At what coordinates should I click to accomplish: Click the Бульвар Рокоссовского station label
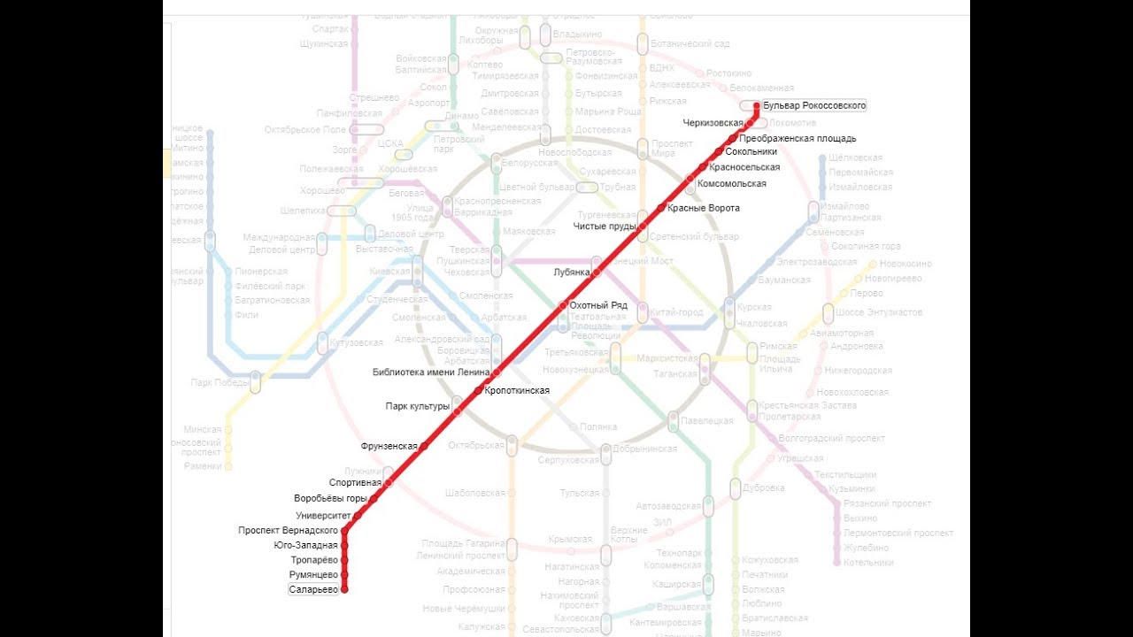pyautogui.click(x=814, y=105)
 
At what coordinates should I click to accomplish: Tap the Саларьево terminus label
pyautogui.click(x=314, y=589)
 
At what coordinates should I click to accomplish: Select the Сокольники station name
pyautogui.click(x=751, y=152)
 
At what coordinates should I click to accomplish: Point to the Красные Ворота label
pyautogui.click(x=704, y=208)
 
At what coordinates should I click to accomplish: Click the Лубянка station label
pyautogui.click(x=571, y=272)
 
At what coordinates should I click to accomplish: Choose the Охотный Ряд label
pyautogui.click(x=598, y=305)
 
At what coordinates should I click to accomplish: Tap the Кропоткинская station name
pyautogui.click(x=518, y=390)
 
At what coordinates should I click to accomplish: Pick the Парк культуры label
pyautogui.click(x=418, y=407)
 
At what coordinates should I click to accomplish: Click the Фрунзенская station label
pyautogui.click(x=389, y=446)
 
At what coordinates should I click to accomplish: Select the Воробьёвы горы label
pyautogui.click(x=330, y=498)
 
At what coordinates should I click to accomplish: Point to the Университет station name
pyautogui.click(x=324, y=515)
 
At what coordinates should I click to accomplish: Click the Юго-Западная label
pyautogui.click(x=306, y=545)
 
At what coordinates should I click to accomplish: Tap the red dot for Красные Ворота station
pyautogui.click(x=660, y=208)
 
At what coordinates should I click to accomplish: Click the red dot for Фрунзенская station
pyautogui.click(x=423, y=446)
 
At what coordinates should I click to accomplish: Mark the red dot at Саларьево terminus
pyautogui.click(x=344, y=589)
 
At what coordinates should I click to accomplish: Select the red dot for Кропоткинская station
pyautogui.click(x=478, y=390)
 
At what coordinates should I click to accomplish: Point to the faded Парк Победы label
pyautogui.click(x=218, y=382)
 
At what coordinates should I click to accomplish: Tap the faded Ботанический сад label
pyautogui.click(x=690, y=43)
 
